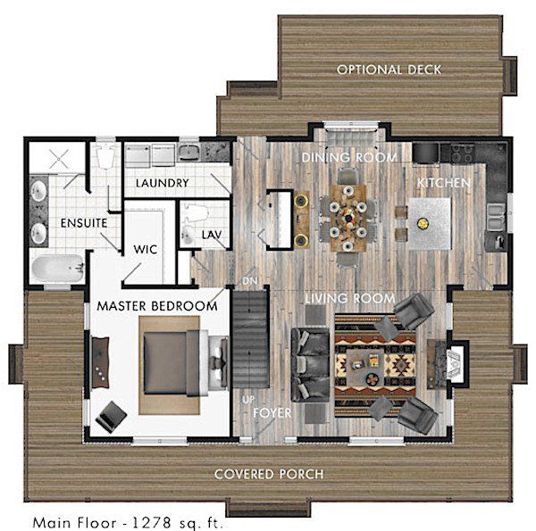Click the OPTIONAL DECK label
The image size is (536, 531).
click(389, 70)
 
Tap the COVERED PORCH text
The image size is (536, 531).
click(269, 474)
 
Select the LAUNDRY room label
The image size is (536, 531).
click(163, 183)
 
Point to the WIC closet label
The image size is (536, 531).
click(146, 249)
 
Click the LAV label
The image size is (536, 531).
click(212, 235)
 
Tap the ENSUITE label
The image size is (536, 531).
click(84, 223)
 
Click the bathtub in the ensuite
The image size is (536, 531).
click(57, 269)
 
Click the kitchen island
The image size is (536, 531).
click(430, 224)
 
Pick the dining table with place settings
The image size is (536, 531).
click(348, 219)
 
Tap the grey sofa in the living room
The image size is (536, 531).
click(310, 365)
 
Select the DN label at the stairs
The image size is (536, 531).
click(250, 281)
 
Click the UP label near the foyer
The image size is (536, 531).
click(248, 400)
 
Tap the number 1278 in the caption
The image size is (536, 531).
click(152, 522)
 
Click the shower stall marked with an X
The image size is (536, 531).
click(58, 159)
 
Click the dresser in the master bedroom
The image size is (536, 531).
click(100, 362)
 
